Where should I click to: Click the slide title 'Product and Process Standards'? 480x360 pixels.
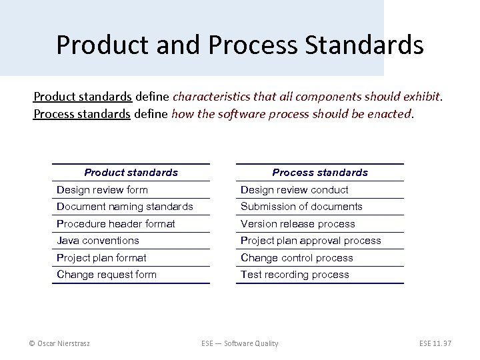tap(239, 45)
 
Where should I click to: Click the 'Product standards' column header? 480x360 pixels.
tap(131, 173)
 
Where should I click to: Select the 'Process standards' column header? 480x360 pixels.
tap(320, 173)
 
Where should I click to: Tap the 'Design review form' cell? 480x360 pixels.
tap(103, 190)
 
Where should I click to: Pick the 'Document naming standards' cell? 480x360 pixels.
tap(125, 207)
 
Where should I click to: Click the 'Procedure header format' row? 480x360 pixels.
tap(116, 224)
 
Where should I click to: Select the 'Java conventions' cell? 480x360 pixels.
tap(98, 241)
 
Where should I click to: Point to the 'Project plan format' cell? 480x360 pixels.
tap(101, 258)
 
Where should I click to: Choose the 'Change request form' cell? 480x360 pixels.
tap(107, 275)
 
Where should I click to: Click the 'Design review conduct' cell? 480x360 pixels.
tap(294, 190)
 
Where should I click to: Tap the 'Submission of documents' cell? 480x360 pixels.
tap(301, 207)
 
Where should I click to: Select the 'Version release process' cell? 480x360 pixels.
tap(297, 224)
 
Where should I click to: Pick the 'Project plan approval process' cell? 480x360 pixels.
tap(311, 241)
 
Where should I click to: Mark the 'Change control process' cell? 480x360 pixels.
tap(297, 258)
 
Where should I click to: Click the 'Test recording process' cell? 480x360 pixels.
tap(295, 275)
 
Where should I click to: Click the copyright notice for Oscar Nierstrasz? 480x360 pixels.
tap(59, 343)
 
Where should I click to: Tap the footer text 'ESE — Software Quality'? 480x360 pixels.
tap(239, 343)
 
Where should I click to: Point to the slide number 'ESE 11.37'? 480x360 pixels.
tap(435, 343)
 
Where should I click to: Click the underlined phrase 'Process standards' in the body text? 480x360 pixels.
tap(81, 114)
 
